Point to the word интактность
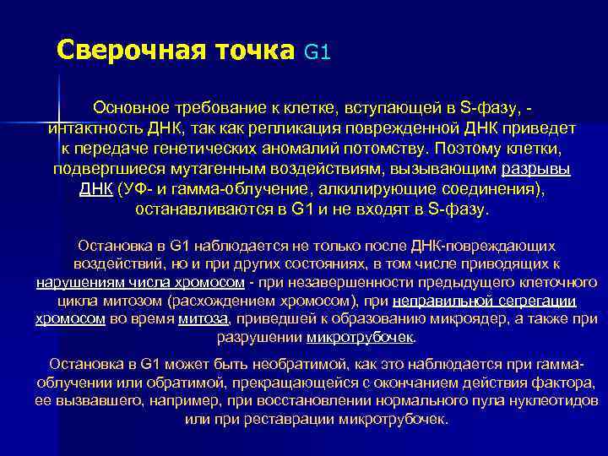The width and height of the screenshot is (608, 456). pos(94,129)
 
